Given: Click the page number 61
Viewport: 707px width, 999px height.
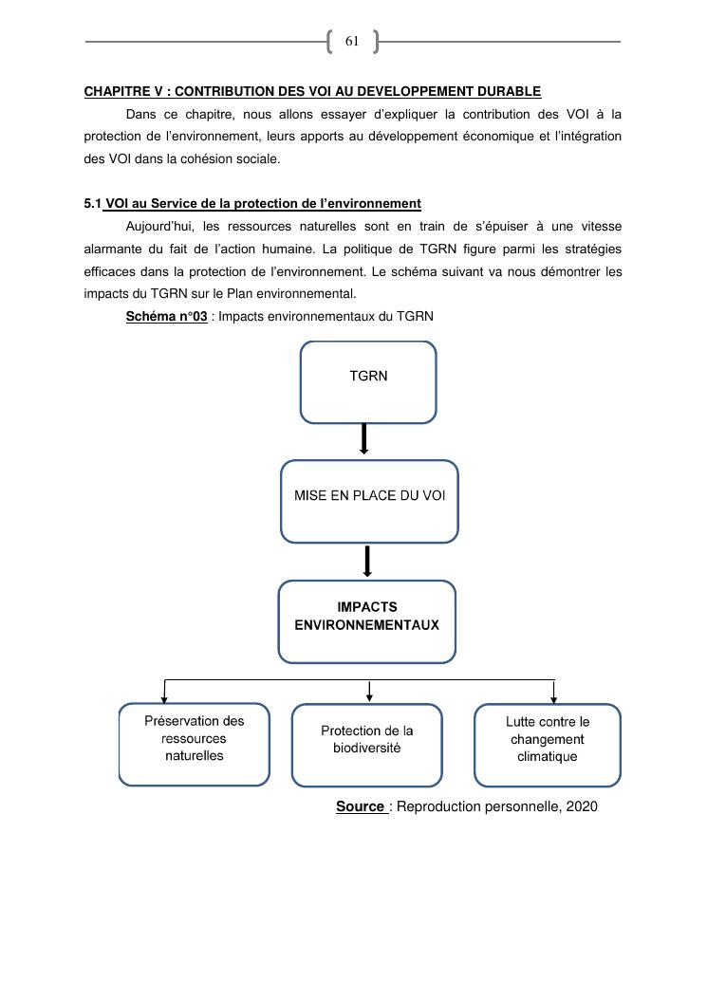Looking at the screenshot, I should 351,41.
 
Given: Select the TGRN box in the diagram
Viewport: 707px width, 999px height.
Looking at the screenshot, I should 368,381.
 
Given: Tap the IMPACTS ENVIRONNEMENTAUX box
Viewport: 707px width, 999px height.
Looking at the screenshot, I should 366,621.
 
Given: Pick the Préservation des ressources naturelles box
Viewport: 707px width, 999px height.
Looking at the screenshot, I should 194,744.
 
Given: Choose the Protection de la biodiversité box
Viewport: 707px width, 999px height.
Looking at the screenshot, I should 366,744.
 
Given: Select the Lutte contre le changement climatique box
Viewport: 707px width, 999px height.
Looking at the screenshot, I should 547,744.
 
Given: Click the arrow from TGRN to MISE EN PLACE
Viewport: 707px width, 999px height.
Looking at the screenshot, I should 363,439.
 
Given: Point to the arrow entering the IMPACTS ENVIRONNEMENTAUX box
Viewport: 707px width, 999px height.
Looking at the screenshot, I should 366,562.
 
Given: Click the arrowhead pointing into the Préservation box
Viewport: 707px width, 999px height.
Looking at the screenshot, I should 165,698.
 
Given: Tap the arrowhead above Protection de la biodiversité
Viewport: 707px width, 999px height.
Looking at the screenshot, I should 369,697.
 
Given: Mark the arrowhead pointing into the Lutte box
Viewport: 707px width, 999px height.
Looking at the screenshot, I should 554,698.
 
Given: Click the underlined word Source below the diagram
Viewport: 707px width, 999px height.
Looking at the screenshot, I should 360,806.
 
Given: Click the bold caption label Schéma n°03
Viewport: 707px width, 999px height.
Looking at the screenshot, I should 166,316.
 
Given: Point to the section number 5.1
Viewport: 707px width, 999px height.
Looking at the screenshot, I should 92,204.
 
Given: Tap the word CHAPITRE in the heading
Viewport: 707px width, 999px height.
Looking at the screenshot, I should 117,91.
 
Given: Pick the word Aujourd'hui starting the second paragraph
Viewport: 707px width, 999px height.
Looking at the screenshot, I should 160,227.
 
